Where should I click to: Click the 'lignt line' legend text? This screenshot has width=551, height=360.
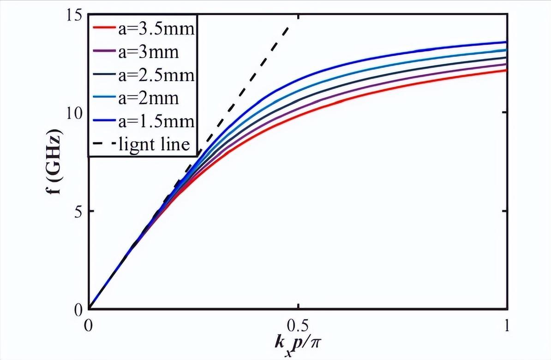pyautogui.click(x=154, y=144)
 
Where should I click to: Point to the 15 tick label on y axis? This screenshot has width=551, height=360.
pyautogui.click(x=74, y=15)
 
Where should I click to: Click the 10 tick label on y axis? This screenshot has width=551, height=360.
pyautogui.click(x=74, y=113)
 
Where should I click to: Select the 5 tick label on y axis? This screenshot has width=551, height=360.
pyautogui.click(x=78, y=211)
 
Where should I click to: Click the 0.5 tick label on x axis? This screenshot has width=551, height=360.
pyautogui.click(x=299, y=326)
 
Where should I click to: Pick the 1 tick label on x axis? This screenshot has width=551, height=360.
pyautogui.click(x=507, y=326)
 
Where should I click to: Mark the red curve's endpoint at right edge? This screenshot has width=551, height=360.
pyautogui.click(x=507, y=70)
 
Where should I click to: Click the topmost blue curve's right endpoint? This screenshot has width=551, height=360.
pyautogui.click(x=507, y=42)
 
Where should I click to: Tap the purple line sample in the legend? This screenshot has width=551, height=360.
pyautogui.click(x=103, y=53)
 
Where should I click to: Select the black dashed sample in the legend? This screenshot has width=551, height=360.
pyautogui.click(x=103, y=144)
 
